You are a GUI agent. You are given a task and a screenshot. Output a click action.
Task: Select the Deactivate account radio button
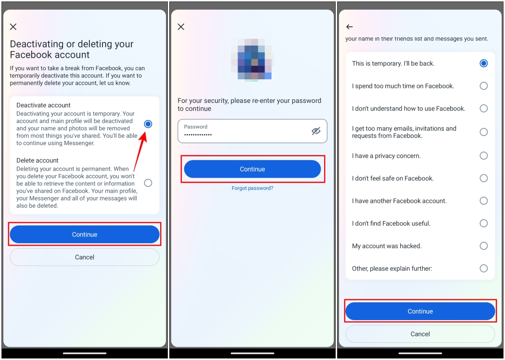click(148, 124)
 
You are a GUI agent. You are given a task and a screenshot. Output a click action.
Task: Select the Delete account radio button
click(148, 183)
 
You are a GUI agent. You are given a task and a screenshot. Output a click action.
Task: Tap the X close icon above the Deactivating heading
click(13, 27)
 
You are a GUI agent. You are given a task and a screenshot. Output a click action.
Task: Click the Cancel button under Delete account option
click(85, 257)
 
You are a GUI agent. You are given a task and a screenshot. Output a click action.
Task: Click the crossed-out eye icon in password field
click(316, 131)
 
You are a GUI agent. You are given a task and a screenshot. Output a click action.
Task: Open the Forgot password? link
click(252, 188)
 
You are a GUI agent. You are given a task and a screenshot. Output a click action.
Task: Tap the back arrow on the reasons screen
click(350, 27)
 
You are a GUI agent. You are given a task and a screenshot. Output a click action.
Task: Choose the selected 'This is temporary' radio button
click(483, 63)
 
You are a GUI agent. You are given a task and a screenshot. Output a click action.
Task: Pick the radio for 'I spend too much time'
click(483, 86)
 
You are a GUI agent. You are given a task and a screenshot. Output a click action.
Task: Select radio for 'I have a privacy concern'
click(483, 156)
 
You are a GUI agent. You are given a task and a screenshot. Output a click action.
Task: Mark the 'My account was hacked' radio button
click(483, 246)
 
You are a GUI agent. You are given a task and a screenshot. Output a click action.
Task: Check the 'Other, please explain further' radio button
click(483, 269)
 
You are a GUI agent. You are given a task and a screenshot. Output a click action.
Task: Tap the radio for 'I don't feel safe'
click(483, 178)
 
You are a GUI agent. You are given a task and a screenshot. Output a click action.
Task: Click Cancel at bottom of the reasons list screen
click(420, 334)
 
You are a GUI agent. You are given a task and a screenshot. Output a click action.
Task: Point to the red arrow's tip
click(146, 130)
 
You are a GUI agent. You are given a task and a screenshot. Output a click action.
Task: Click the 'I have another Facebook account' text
click(399, 201)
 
